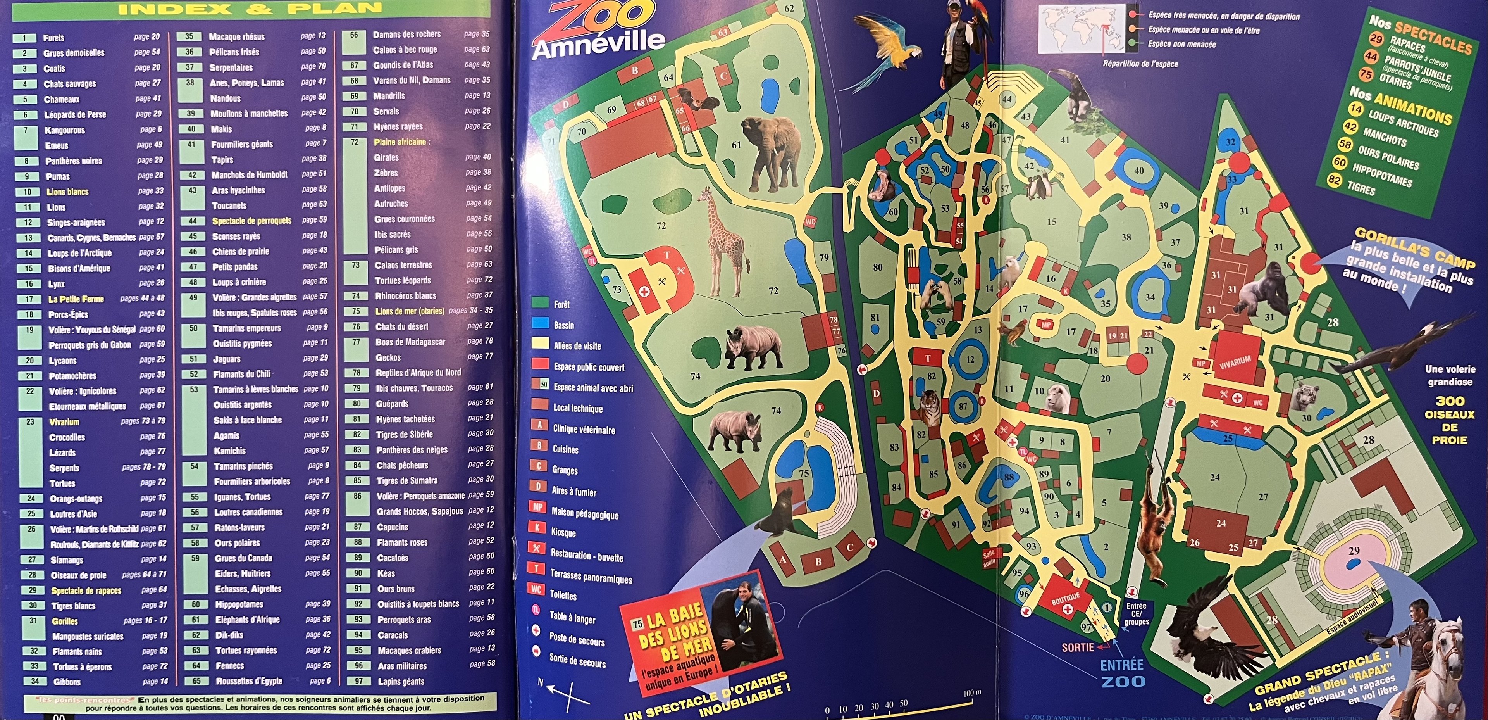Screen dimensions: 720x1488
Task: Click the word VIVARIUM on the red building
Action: (x=1235, y=363)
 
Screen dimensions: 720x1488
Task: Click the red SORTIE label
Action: (x=1077, y=647)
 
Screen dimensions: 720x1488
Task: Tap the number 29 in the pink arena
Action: (x=1354, y=551)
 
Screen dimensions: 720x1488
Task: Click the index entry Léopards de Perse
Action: (x=75, y=114)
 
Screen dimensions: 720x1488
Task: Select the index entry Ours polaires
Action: (x=237, y=542)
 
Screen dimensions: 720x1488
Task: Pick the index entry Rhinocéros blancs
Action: (x=405, y=295)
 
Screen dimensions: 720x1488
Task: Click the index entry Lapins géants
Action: (x=401, y=681)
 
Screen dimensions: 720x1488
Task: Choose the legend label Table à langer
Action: (x=572, y=618)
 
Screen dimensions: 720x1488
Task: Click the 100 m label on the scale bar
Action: (x=972, y=692)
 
